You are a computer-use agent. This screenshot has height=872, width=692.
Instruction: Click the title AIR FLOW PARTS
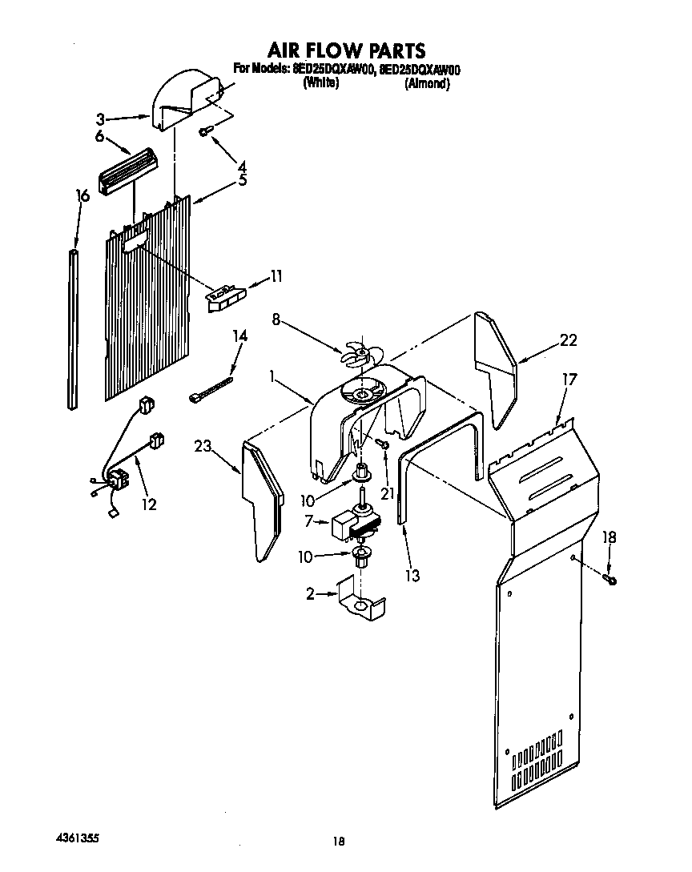345,51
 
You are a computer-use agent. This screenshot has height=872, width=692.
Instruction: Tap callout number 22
568,340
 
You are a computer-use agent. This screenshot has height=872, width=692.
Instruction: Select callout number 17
569,381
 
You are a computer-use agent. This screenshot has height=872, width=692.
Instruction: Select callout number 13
412,575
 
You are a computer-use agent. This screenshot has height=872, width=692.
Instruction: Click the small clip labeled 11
223,297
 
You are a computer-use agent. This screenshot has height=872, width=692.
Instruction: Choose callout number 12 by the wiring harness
149,504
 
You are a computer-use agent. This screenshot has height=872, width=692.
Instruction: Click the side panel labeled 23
264,500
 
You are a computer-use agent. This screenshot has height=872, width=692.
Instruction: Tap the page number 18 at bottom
339,841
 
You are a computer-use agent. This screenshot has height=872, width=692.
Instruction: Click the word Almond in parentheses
426,84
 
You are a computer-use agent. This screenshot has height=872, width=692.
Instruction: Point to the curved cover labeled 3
185,100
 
